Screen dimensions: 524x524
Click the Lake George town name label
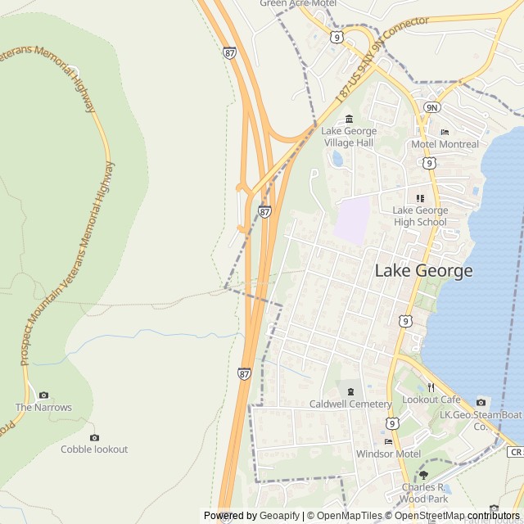423,271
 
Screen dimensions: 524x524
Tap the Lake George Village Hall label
349,137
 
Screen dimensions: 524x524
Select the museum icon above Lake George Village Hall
350,119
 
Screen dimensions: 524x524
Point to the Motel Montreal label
445,145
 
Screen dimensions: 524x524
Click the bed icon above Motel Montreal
445,132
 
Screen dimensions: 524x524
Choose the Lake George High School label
420,216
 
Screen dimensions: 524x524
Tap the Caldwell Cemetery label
350,404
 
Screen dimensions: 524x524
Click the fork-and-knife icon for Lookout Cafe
431,387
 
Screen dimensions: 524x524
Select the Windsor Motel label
388,454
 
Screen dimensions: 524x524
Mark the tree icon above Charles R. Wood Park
423,475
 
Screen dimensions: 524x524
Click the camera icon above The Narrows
43,395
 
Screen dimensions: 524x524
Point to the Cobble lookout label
94,449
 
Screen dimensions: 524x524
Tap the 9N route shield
431,107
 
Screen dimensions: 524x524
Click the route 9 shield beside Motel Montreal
429,163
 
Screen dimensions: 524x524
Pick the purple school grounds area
351,219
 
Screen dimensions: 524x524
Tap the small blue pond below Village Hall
337,158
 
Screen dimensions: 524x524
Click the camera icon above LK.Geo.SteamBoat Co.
481,402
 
